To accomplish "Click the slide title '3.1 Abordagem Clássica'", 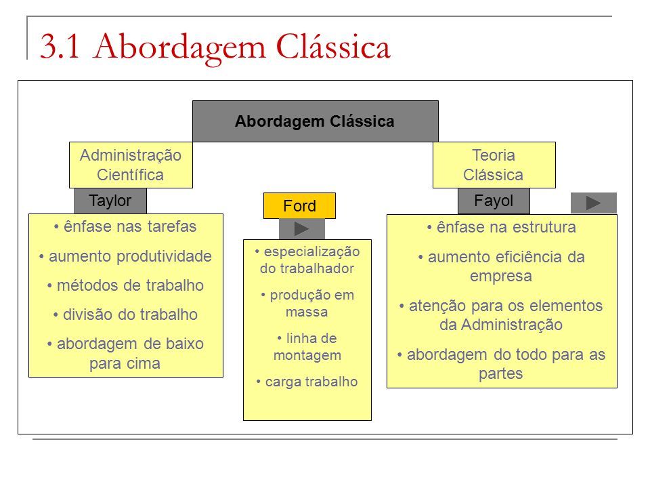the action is pyautogui.click(x=215, y=47).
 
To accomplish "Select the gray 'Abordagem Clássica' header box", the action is pyautogui.click(x=316, y=121).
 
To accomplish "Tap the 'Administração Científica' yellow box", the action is pyautogui.click(x=131, y=165).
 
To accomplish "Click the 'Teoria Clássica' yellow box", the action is pyautogui.click(x=494, y=165).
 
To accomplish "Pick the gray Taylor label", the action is pyautogui.click(x=110, y=201).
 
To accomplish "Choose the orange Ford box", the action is pyautogui.click(x=300, y=206).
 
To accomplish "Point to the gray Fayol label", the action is pyautogui.click(x=494, y=201).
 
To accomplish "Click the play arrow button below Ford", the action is pyautogui.click(x=302, y=228).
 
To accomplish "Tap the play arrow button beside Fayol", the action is pyautogui.click(x=594, y=203).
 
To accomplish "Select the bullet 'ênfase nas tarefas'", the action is pyautogui.click(x=125, y=226).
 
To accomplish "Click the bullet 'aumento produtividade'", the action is pyautogui.click(x=125, y=256).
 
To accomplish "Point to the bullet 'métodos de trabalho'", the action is pyautogui.click(x=125, y=285).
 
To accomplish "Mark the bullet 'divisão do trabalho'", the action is pyautogui.click(x=125, y=314).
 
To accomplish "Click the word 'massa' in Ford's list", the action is pyautogui.click(x=307, y=312).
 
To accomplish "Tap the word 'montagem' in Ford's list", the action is pyautogui.click(x=307, y=356).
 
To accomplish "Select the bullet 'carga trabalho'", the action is pyautogui.click(x=307, y=382).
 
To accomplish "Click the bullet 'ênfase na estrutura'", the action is pyautogui.click(x=502, y=228).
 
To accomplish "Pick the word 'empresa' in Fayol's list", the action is pyautogui.click(x=501, y=277).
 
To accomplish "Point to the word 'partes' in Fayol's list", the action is pyautogui.click(x=501, y=374).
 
